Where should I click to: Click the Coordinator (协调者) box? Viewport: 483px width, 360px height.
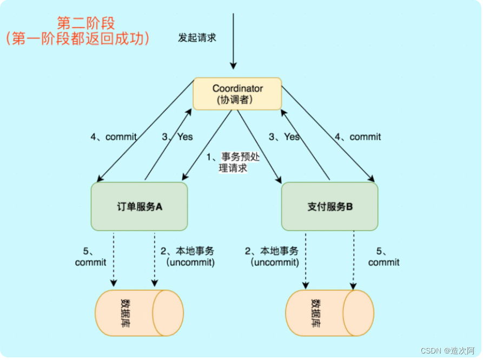237,94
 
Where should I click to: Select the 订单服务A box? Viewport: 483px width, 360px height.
140,206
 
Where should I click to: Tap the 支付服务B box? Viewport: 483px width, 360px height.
329,206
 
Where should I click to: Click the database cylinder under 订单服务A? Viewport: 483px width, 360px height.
139,313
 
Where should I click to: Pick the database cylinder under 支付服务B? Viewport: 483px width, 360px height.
329,313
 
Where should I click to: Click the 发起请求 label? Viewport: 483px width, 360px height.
197,38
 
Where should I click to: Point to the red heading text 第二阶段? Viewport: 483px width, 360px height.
87,23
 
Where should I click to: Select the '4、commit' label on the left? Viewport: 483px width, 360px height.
113,137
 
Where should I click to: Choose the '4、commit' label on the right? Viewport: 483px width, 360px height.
358,137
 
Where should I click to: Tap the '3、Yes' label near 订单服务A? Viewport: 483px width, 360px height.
177,137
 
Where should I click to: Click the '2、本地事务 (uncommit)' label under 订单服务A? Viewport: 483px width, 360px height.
187,257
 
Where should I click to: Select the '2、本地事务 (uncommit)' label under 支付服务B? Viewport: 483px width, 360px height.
274,257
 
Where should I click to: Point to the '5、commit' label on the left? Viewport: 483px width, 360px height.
90,257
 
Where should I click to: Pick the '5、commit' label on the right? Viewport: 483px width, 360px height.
383,257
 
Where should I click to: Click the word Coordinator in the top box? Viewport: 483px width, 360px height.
237,88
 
